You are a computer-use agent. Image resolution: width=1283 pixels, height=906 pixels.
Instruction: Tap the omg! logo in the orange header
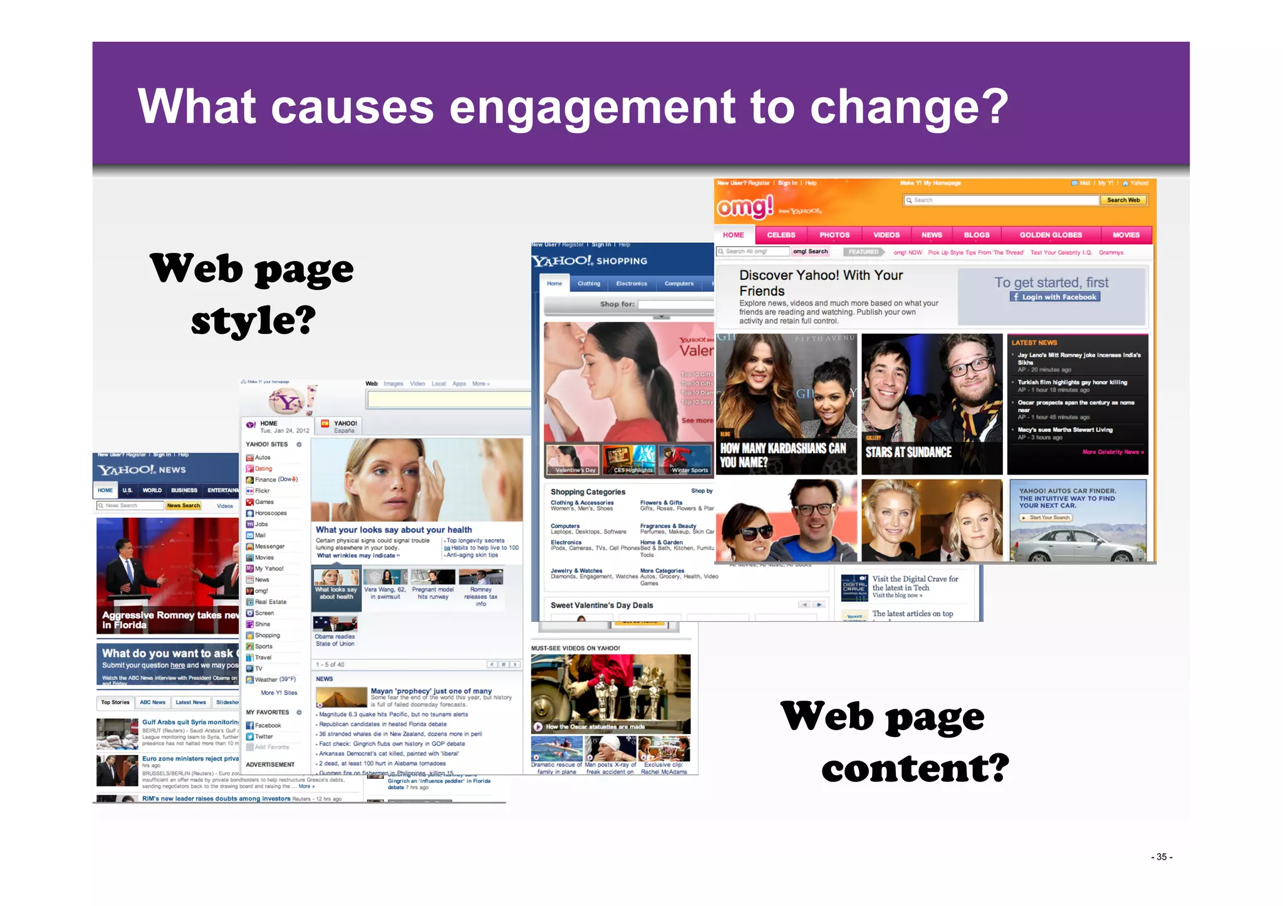click(x=745, y=207)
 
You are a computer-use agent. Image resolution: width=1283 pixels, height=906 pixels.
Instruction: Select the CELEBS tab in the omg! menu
click(x=781, y=235)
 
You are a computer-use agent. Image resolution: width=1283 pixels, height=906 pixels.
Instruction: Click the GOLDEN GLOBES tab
click(x=1050, y=235)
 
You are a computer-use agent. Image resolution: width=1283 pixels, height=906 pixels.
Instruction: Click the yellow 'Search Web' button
click(x=1123, y=200)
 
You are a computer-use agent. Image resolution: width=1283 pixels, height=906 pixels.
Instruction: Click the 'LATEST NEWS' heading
click(x=1034, y=343)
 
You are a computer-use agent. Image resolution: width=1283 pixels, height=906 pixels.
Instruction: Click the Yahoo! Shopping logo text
click(x=589, y=261)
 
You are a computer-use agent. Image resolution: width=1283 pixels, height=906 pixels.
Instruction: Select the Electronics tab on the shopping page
click(x=631, y=284)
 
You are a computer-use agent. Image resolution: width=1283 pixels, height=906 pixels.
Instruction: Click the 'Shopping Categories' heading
click(x=588, y=492)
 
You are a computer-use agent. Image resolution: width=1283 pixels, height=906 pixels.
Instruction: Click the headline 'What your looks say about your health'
click(x=393, y=530)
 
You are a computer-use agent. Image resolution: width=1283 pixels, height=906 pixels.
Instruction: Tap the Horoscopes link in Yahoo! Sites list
click(x=271, y=513)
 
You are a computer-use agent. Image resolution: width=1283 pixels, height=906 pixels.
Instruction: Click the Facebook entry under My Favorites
click(x=268, y=726)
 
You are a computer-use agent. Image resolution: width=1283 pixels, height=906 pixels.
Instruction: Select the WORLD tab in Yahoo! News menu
click(x=152, y=491)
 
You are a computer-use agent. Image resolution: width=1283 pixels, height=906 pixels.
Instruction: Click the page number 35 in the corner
click(x=1161, y=857)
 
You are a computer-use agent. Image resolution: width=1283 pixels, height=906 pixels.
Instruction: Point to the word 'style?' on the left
click(x=253, y=321)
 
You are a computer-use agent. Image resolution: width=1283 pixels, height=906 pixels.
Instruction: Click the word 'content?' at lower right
click(x=915, y=769)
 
